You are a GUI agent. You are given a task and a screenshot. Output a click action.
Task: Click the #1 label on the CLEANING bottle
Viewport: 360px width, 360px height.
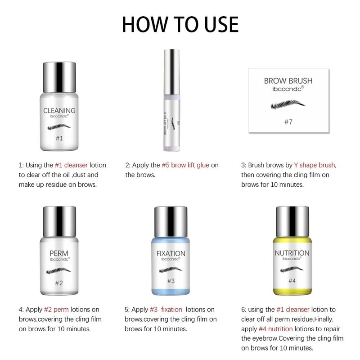coord(59,139)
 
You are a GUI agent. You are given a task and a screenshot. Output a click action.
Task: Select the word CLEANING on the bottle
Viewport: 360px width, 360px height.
coord(59,111)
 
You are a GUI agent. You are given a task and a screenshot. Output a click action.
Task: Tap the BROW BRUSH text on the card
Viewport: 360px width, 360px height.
coord(288,81)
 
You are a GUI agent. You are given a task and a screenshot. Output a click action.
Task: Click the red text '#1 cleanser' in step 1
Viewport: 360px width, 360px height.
coord(74,165)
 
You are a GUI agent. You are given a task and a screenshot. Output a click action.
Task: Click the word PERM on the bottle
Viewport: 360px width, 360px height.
coord(59,253)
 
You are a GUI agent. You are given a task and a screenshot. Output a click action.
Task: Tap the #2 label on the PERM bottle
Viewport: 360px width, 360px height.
coord(59,283)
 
